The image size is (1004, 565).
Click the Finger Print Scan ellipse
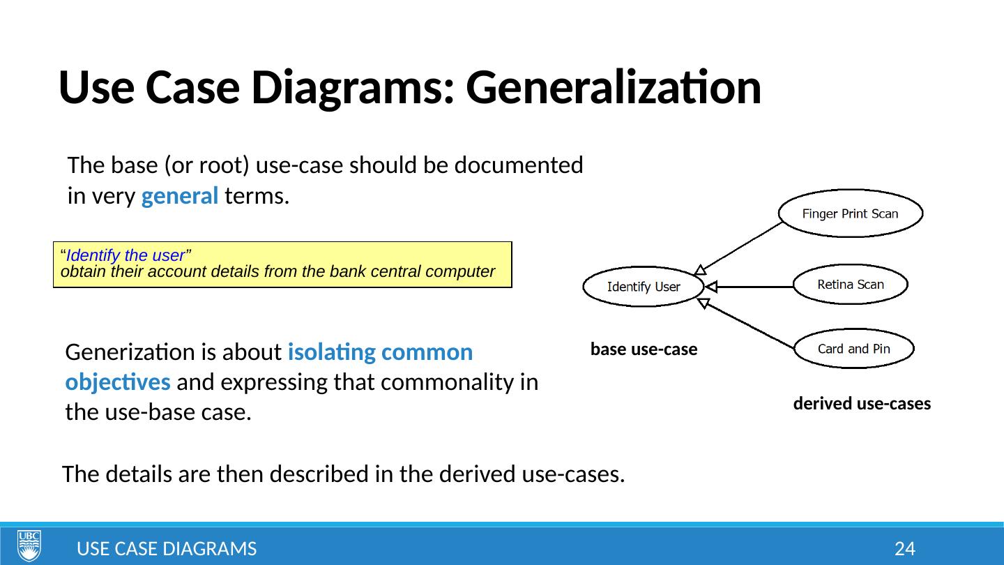pos(850,213)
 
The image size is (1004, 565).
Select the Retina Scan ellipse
pos(850,285)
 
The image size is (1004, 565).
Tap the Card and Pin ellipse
pos(853,349)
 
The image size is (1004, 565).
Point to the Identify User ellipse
pos(643,287)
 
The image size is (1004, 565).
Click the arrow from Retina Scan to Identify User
pos(750,286)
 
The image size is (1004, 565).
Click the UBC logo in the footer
pos(29,545)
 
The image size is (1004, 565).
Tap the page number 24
pos(904,549)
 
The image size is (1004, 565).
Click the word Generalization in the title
pos(614,88)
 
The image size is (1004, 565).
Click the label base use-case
pos(644,349)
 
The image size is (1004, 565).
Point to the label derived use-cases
pos(862,405)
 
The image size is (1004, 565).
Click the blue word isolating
pos(329,353)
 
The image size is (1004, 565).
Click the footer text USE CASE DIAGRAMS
pos(167,549)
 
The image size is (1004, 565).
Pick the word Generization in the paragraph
pos(116,353)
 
